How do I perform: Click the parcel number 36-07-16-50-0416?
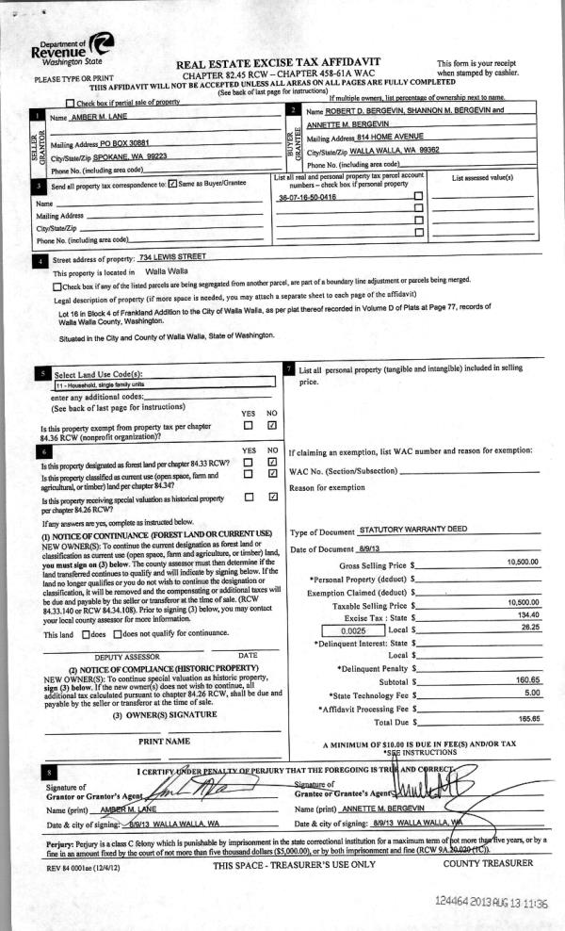point(307,197)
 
